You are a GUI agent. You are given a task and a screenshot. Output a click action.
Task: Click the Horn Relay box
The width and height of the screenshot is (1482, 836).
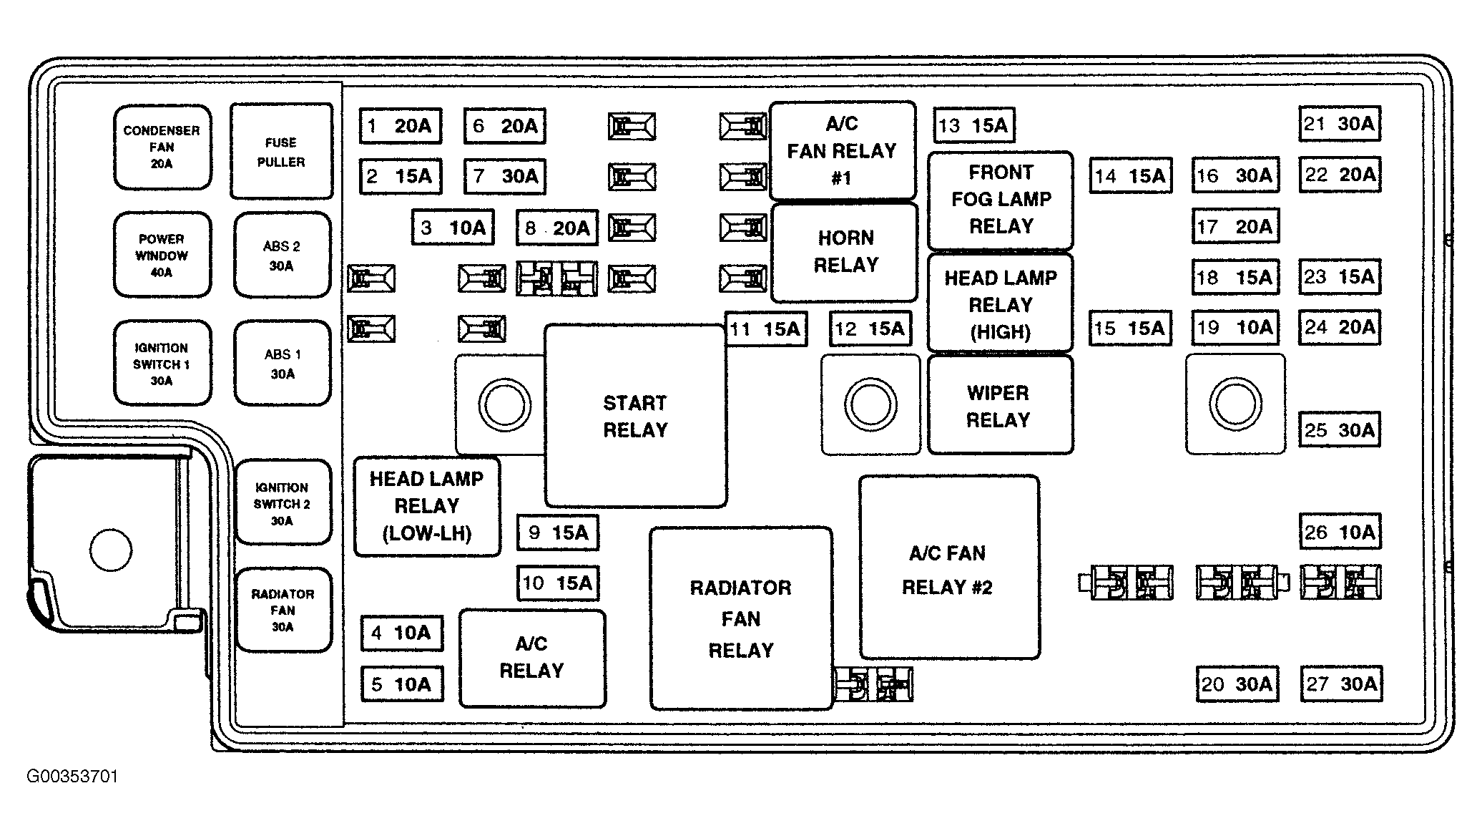tap(845, 252)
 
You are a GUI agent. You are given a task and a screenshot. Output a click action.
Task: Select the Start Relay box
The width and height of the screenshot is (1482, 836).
tap(636, 416)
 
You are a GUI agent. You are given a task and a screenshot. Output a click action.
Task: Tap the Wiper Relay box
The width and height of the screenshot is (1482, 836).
tap(1000, 405)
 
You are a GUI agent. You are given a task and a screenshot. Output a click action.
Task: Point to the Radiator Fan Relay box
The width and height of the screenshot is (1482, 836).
tap(742, 619)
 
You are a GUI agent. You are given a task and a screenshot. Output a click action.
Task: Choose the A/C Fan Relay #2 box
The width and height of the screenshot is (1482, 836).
tap(949, 567)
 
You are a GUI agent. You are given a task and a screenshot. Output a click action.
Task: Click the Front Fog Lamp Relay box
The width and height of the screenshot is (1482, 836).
tap(1001, 200)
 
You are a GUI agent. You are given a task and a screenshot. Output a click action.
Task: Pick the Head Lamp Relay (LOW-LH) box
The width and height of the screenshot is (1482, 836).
tap(427, 507)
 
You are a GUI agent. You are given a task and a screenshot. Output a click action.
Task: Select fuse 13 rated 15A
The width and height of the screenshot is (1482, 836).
tap(974, 126)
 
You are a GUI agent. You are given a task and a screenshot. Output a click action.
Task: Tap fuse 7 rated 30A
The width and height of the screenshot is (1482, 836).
tap(505, 176)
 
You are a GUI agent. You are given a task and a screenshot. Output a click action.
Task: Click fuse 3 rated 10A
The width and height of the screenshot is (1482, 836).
tap(453, 228)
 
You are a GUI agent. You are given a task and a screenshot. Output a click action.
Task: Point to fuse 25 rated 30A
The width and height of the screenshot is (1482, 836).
tap(1340, 430)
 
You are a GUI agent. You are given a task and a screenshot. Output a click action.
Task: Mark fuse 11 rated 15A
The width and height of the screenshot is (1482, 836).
tap(766, 329)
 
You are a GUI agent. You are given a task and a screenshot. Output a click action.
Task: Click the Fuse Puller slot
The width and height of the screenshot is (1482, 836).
tap(281, 151)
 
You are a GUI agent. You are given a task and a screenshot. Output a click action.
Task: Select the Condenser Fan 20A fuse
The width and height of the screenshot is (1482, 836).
tap(162, 147)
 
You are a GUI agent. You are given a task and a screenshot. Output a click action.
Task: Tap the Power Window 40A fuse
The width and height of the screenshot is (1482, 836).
tap(162, 255)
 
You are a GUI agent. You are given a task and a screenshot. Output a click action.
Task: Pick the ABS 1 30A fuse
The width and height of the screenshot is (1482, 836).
tap(283, 364)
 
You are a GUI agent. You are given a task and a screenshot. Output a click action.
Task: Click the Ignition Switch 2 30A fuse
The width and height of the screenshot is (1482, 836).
tap(283, 503)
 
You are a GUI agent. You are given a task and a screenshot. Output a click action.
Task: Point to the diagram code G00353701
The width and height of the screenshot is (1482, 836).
tap(72, 777)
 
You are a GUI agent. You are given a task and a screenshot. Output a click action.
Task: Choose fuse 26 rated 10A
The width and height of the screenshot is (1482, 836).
tap(1340, 532)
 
